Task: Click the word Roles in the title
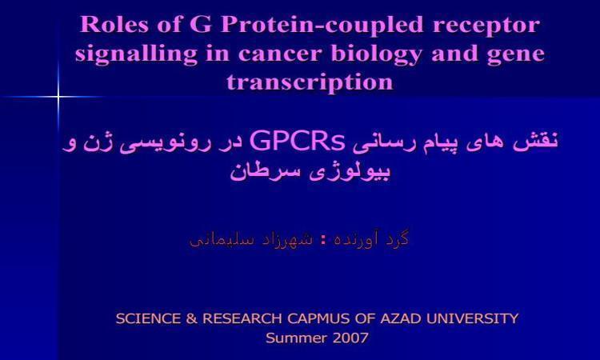114,25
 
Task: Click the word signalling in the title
136,54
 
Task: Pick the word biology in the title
377,54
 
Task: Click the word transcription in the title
310,82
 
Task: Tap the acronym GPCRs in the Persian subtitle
298,141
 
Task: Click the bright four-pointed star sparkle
58,97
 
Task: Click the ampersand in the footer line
191,318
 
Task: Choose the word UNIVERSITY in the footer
472,318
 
